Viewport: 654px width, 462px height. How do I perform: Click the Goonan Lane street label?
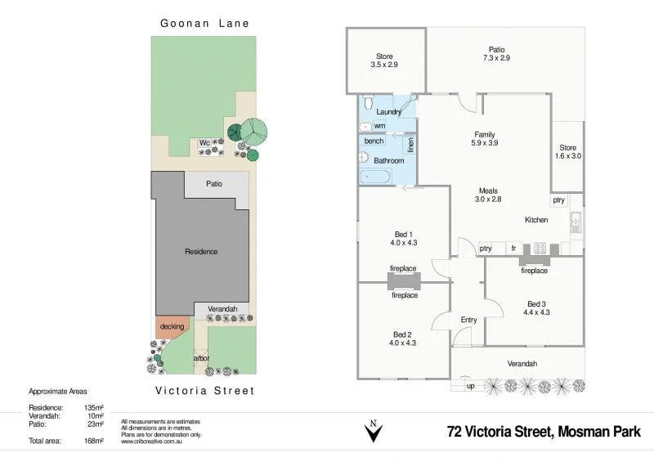coord(204,24)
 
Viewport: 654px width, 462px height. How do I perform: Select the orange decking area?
coord(172,328)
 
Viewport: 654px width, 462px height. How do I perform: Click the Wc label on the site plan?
coord(204,142)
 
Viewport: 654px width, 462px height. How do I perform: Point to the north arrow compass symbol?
coord(373,431)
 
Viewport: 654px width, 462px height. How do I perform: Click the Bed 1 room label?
coord(403,237)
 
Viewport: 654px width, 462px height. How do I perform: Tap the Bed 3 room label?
coord(538,307)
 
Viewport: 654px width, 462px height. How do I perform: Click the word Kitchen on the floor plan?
coord(536,220)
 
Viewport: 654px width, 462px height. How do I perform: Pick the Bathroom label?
coord(388,161)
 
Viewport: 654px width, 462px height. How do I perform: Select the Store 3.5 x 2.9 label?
coord(384,60)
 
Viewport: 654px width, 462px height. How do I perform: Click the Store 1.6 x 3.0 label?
coord(567,151)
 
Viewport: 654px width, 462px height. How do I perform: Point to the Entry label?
coord(468,320)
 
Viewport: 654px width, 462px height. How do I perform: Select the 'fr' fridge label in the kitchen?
coord(513,248)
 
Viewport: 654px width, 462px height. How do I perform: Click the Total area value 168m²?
coord(94,441)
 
